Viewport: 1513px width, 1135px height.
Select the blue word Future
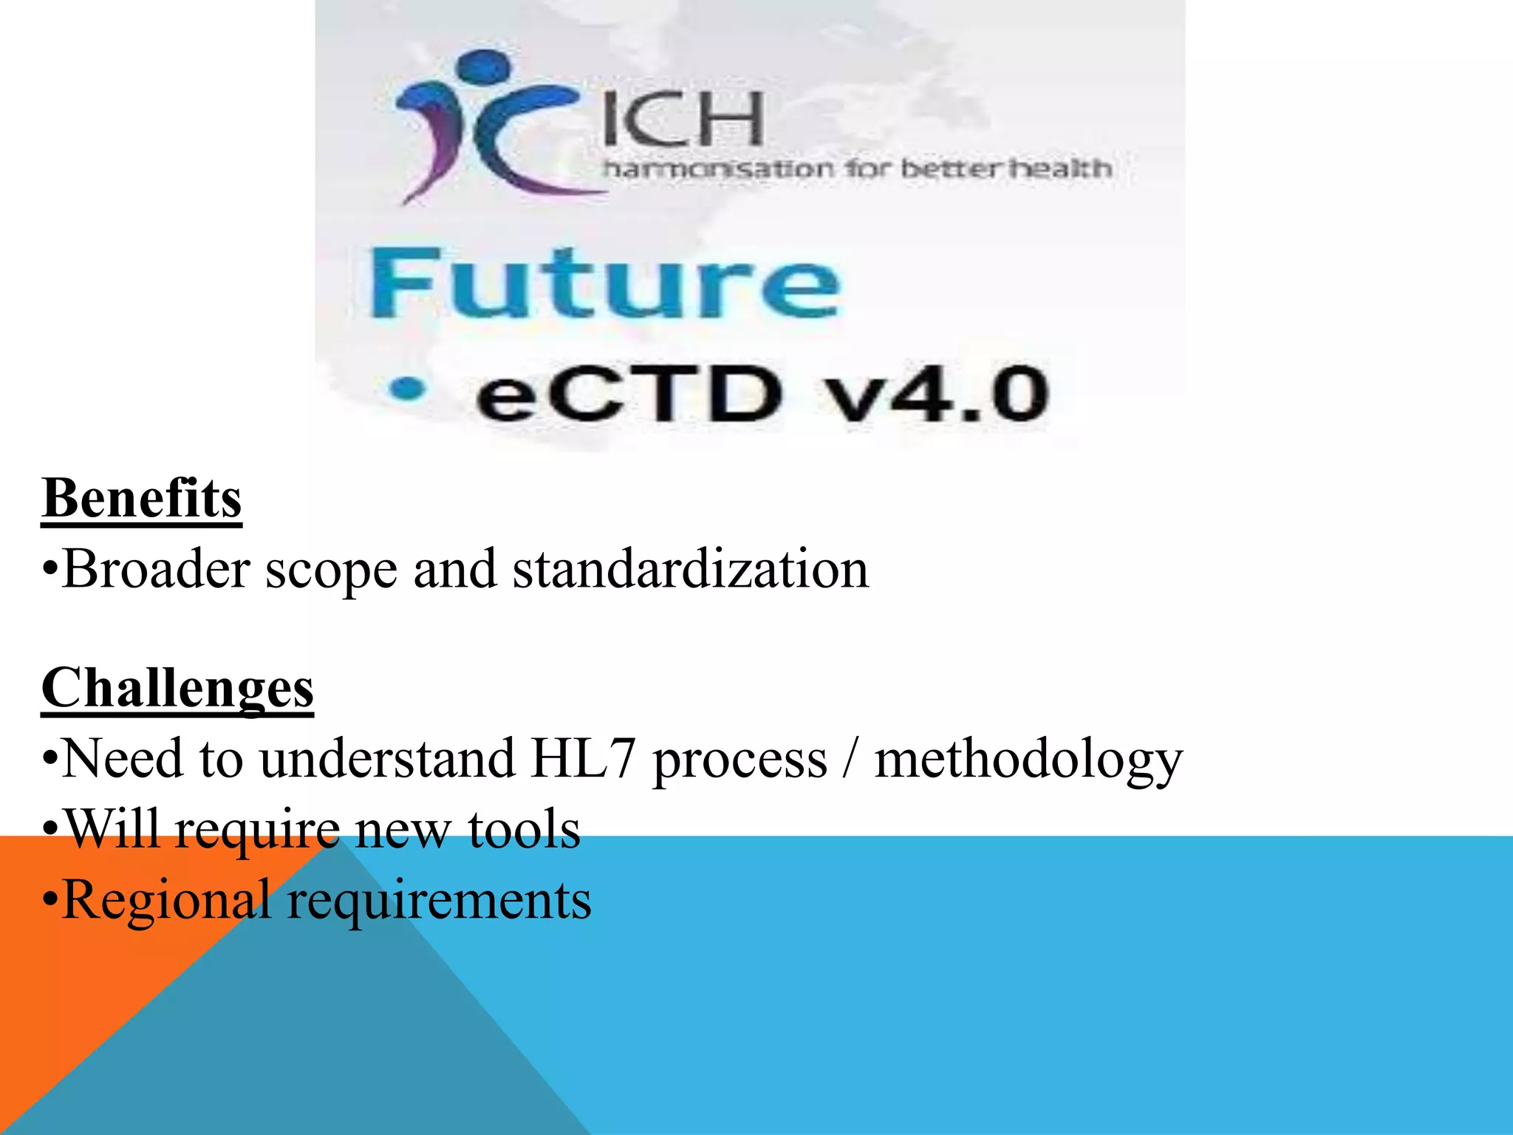604,284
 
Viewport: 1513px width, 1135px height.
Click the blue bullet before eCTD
408,389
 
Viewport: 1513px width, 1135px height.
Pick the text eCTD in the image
628,395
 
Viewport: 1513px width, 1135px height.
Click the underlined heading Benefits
142,498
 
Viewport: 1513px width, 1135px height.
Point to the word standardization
691,570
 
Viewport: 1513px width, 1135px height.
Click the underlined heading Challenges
177,688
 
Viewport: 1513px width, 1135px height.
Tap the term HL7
583,759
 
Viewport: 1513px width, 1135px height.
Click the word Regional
167,901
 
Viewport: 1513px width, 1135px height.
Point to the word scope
331,571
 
